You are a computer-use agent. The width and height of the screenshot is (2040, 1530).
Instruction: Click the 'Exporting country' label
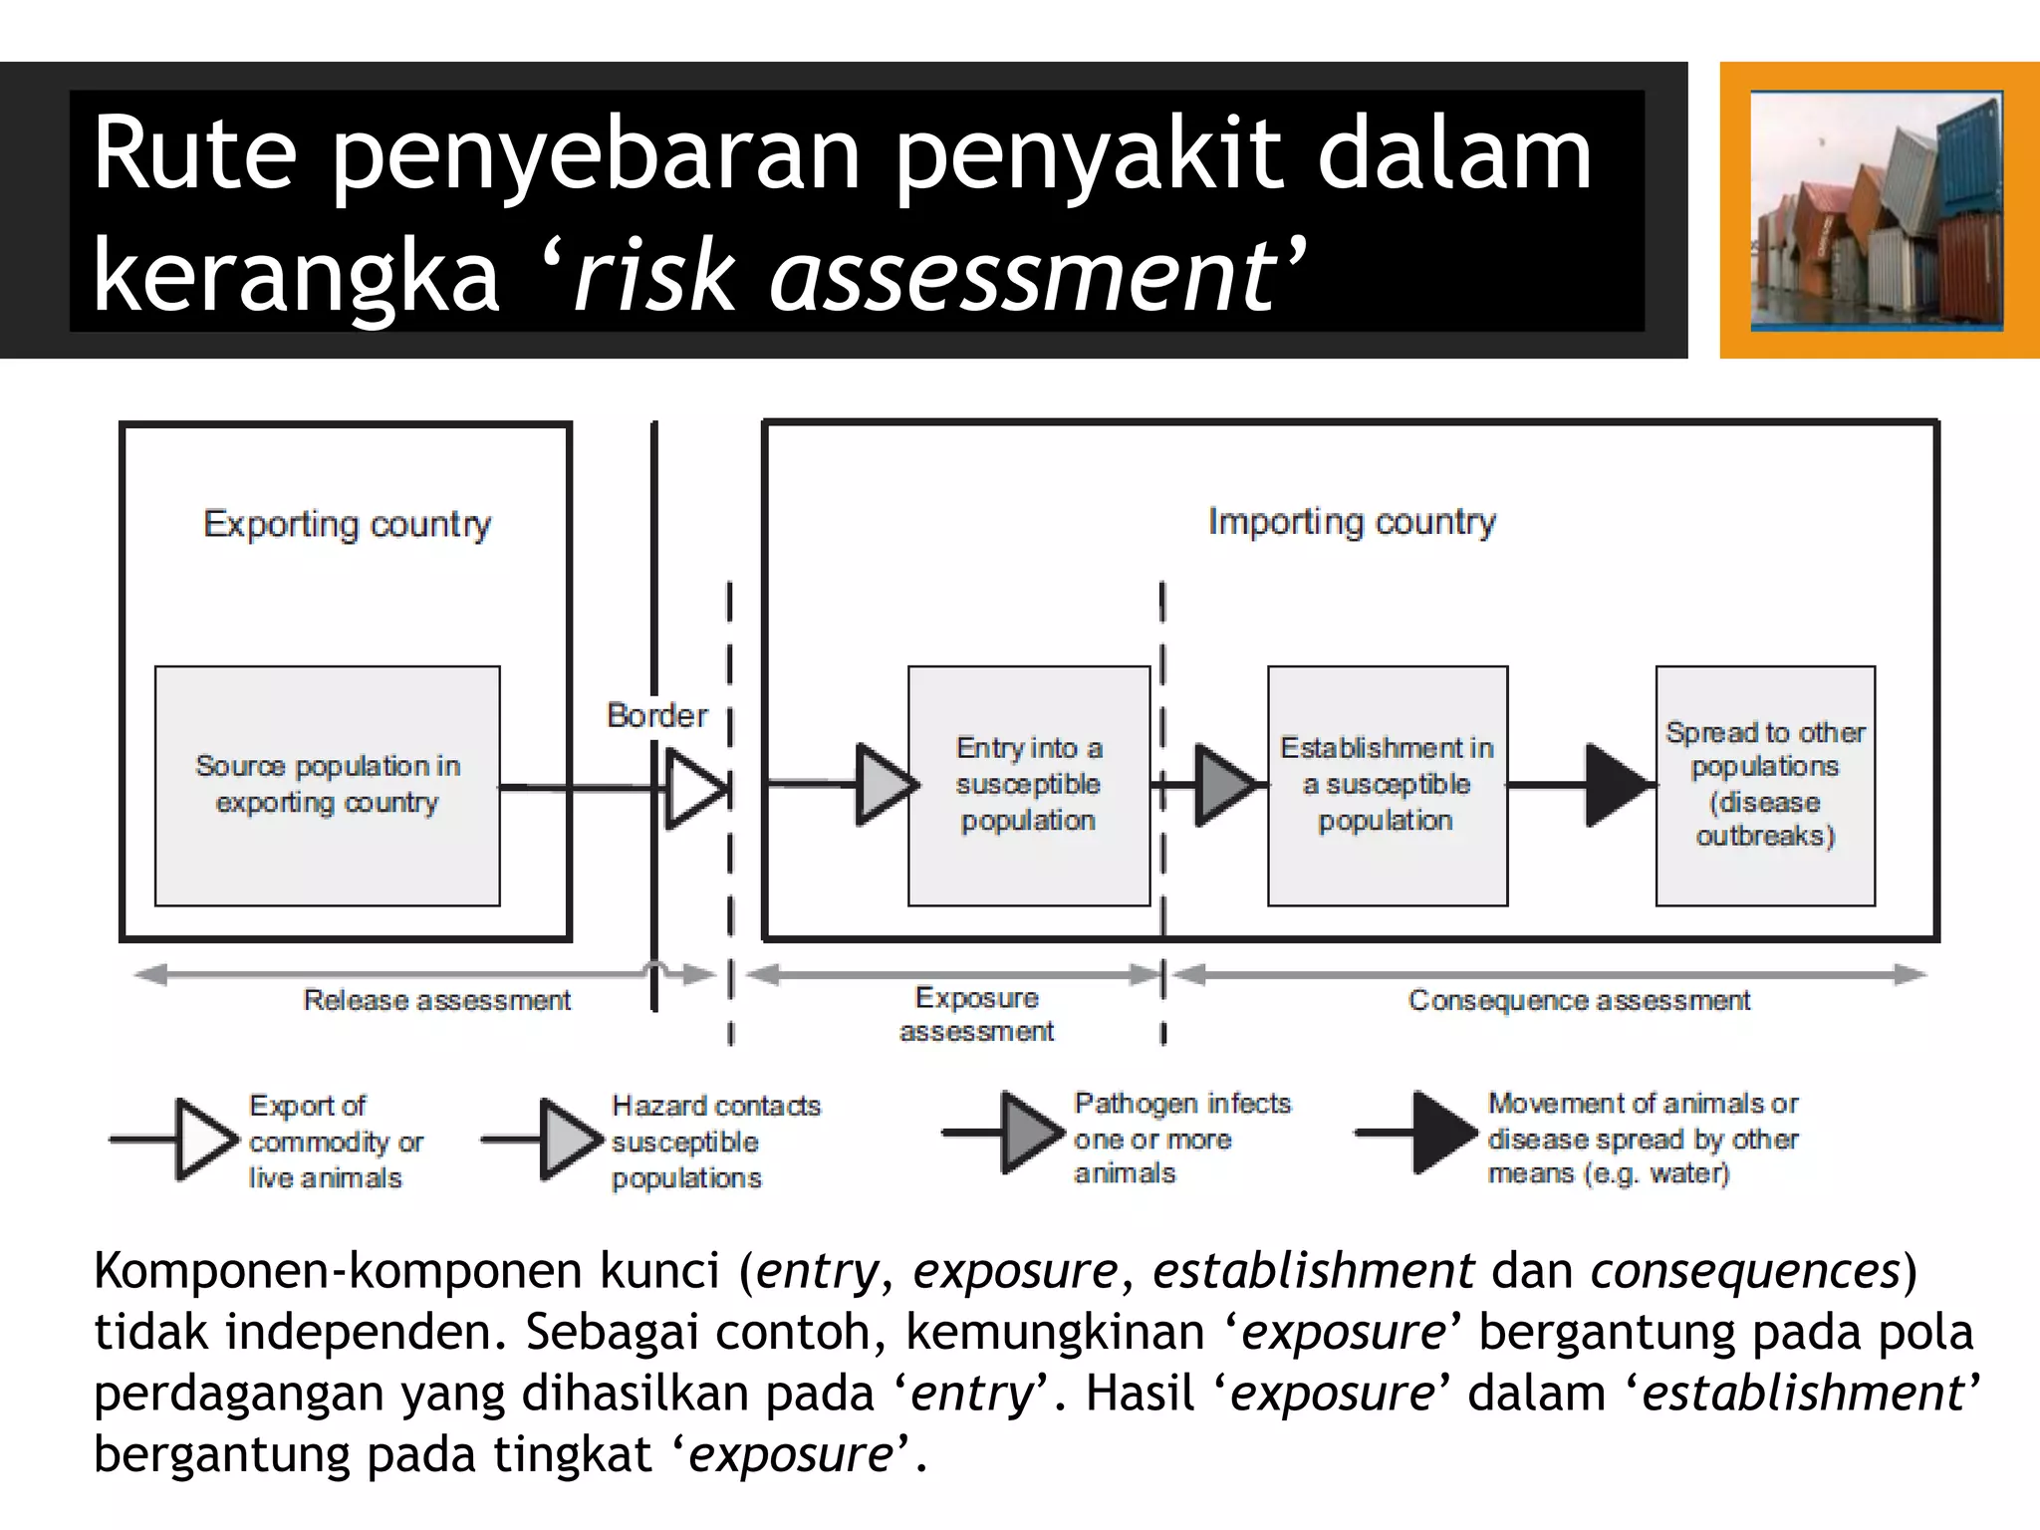tap(347, 524)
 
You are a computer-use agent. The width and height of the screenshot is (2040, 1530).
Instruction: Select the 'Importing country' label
tap(1352, 521)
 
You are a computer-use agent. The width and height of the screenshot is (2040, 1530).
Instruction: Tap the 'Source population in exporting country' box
tap(328, 785)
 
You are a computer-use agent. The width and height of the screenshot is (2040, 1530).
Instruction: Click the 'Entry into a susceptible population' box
tap(1029, 785)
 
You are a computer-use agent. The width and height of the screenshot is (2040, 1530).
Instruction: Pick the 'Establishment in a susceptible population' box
tap(1387, 785)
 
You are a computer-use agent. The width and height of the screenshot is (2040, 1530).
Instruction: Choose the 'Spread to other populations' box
tap(1765, 785)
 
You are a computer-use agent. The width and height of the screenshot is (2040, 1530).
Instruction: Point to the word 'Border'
tap(657, 715)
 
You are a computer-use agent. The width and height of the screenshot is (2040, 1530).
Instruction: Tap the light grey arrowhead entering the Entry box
tap(885, 785)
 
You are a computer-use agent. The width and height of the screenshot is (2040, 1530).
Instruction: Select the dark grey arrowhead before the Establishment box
tap(1224, 785)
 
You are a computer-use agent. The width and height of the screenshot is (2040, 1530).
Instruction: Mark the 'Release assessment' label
tap(436, 1000)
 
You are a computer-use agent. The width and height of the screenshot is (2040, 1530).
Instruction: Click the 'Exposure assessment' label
tap(977, 1014)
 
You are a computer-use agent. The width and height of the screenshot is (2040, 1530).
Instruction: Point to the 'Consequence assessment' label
tap(1579, 1000)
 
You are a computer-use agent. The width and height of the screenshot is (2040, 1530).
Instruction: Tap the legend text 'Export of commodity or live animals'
tap(336, 1142)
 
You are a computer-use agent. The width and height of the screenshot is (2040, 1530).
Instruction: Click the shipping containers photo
tap(1877, 210)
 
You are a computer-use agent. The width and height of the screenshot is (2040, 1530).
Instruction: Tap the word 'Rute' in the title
tap(195, 154)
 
